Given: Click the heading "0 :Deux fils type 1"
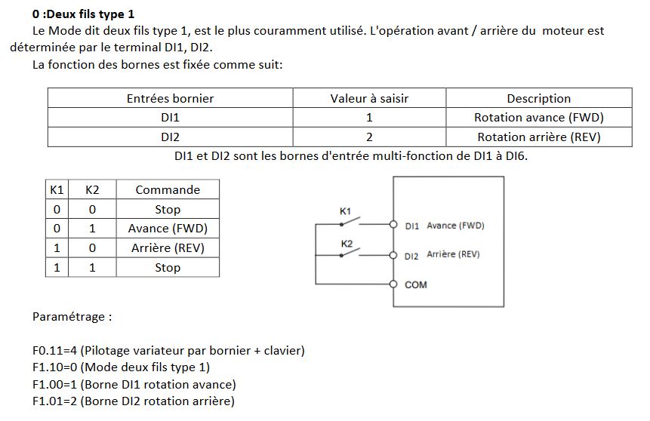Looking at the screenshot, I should (x=83, y=14).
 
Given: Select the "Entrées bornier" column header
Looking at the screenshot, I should (x=170, y=98).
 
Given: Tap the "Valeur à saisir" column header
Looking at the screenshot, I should (x=369, y=98).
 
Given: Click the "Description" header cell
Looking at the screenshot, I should (x=538, y=98).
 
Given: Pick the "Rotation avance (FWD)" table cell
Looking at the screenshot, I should (x=538, y=118).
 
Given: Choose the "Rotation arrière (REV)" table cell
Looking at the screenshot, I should (x=538, y=137).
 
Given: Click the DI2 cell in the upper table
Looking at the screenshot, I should (x=170, y=137).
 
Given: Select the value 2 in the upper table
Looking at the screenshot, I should (x=369, y=137).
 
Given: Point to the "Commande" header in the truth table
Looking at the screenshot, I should (x=168, y=190).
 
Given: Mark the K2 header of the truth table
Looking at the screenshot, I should (x=92, y=190).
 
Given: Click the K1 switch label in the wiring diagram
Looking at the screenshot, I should (x=345, y=212).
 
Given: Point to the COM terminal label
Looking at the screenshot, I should (x=416, y=285).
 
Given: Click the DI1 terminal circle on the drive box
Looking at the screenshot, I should (x=393, y=225).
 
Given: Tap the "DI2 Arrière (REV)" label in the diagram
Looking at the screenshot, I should (x=442, y=255).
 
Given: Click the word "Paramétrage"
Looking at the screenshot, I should (x=72, y=317).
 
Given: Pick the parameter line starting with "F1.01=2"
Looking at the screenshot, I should (x=133, y=401).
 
